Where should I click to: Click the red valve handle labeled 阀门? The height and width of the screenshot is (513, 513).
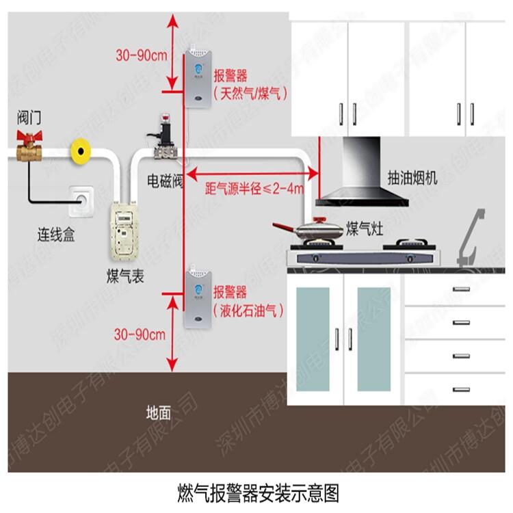point(29,137)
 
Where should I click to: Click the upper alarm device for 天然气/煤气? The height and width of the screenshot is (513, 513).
point(198,77)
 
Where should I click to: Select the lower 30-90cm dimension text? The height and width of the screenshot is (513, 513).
point(140,334)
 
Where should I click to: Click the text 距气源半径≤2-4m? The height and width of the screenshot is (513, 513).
point(254,188)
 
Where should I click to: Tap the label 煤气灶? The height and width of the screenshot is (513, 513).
point(365,228)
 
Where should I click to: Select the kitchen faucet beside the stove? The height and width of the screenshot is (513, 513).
point(471,236)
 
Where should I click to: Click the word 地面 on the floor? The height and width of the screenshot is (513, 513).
point(159,412)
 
